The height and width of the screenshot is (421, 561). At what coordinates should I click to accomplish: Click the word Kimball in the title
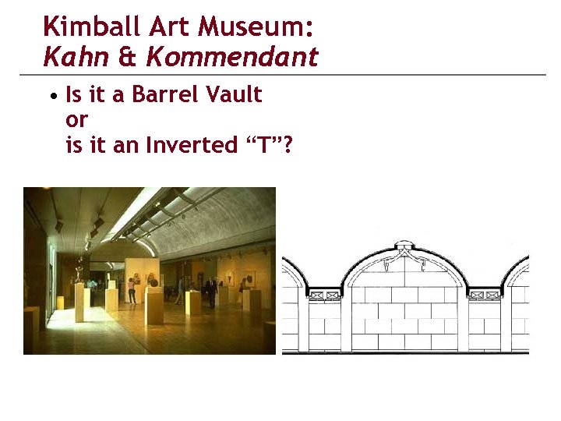coord(80,27)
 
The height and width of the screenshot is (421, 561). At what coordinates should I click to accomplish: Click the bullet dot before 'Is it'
coord(51,97)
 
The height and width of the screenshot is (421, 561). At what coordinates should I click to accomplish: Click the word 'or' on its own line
coord(77,121)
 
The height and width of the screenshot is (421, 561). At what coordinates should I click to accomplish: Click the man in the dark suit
coord(211,292)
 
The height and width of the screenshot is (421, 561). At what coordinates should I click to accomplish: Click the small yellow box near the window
coord(60,302)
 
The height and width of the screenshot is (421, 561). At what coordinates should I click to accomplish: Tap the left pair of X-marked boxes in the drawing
coord(326,295)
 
